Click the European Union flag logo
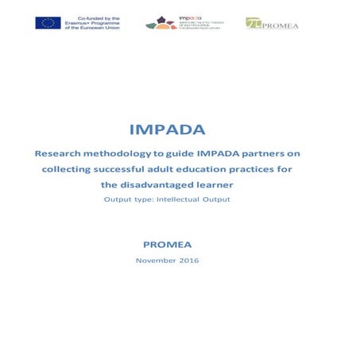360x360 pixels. (48, 23)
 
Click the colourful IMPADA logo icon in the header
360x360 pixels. (161, 23)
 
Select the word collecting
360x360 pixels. (72, 169)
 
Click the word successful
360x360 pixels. (133, 169)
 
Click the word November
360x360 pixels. (157, 260)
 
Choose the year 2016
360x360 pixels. (189, 260)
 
